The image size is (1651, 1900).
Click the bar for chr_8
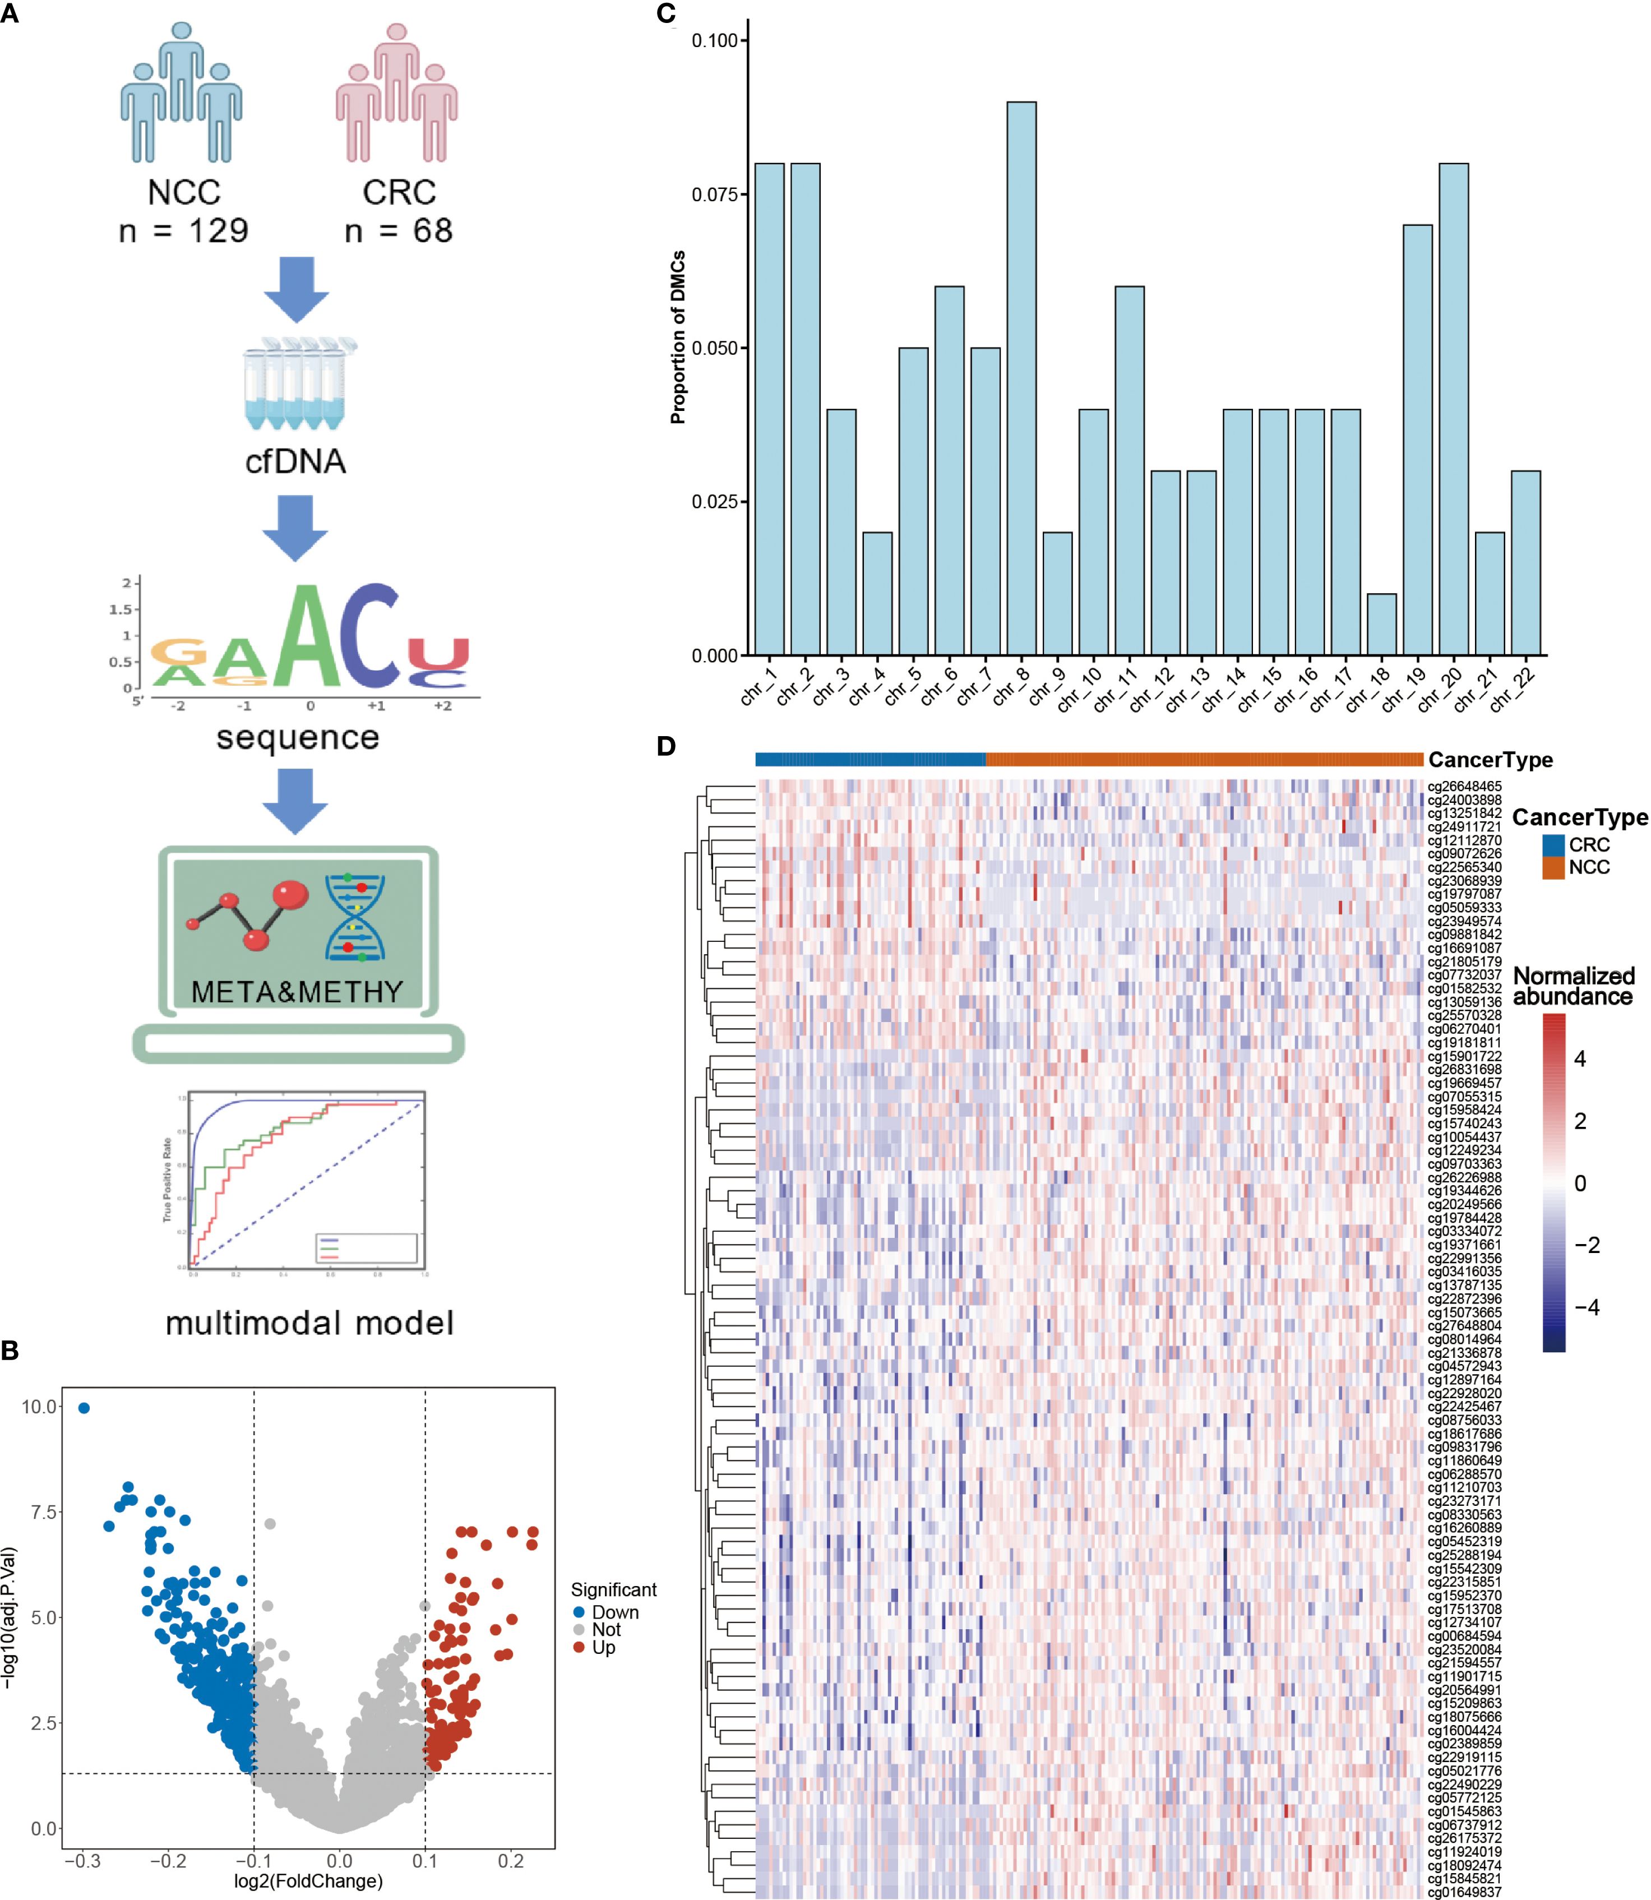(1021, 378)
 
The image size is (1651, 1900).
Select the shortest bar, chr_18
(1381, 624)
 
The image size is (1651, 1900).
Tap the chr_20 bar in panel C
(1453, 409)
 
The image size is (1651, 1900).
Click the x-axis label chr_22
(1514, 688)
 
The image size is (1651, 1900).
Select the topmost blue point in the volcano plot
(84, 1408)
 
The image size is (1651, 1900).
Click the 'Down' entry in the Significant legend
(614, 1612)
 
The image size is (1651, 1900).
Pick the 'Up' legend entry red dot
(579, 1647)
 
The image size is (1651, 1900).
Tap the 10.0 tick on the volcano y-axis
(40, 1407)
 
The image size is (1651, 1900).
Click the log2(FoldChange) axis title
(308, 1880)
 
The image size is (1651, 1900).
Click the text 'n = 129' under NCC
(183, 230)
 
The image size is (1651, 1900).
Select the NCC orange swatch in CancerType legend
(1553, 867)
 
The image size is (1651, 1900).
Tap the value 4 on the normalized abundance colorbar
(1579, 1058)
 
